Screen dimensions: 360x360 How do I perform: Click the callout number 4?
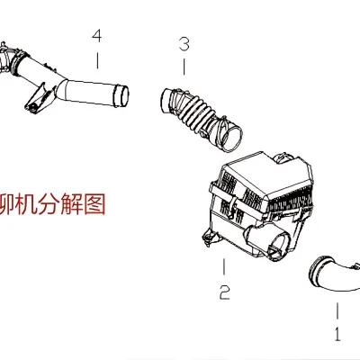96,37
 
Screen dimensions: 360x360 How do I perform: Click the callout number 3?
184,42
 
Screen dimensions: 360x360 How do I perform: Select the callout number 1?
337,334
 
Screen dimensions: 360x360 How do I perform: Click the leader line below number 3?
184,65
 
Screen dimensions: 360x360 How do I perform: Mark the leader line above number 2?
223,267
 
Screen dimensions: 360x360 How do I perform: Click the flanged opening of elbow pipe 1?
317,266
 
